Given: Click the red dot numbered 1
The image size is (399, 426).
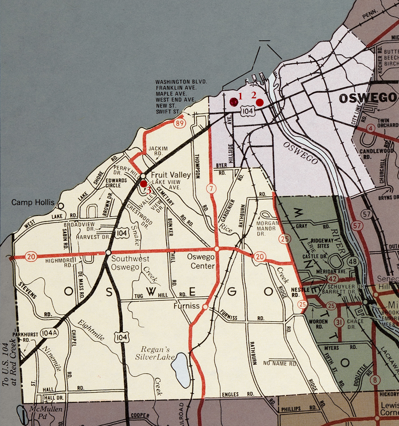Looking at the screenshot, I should [233, 102].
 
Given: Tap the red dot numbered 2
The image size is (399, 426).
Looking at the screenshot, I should [260, 103].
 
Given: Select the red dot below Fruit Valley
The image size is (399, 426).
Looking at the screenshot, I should [143, 184].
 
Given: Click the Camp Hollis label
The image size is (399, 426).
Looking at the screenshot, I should [33, 202].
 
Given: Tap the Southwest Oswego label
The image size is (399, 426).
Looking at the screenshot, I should [130, 263].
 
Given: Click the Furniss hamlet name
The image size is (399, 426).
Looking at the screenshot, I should [187, 306].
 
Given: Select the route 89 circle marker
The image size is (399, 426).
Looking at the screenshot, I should [180, 123].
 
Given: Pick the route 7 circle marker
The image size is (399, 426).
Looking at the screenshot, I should [211, 189].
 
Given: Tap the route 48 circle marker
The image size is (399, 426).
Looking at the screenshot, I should [353, 262].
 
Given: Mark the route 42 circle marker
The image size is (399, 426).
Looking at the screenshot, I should [333, 278].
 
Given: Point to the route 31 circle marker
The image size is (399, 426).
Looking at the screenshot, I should [339, 322].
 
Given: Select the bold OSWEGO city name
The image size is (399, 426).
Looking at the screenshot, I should [367, 98].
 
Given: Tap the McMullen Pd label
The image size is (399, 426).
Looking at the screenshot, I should [46, 413].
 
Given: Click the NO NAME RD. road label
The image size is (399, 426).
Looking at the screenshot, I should [280, 364].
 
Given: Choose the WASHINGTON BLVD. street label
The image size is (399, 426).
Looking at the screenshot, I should [181, 82].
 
